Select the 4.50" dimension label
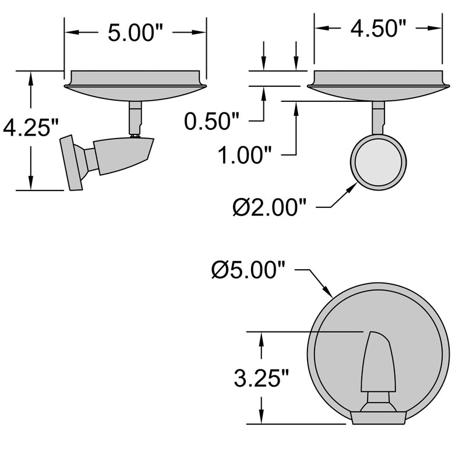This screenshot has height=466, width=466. point(377,27)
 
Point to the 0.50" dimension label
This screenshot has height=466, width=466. point(212,122)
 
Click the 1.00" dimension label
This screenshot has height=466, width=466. point(245,156)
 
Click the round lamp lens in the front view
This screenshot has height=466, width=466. point(378,161)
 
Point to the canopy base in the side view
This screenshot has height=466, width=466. point(135,84)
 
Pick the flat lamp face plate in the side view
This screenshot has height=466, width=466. point(73,164)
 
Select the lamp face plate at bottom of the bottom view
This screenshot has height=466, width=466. point(379,416)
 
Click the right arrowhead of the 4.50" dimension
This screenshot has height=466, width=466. point(436,27)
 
